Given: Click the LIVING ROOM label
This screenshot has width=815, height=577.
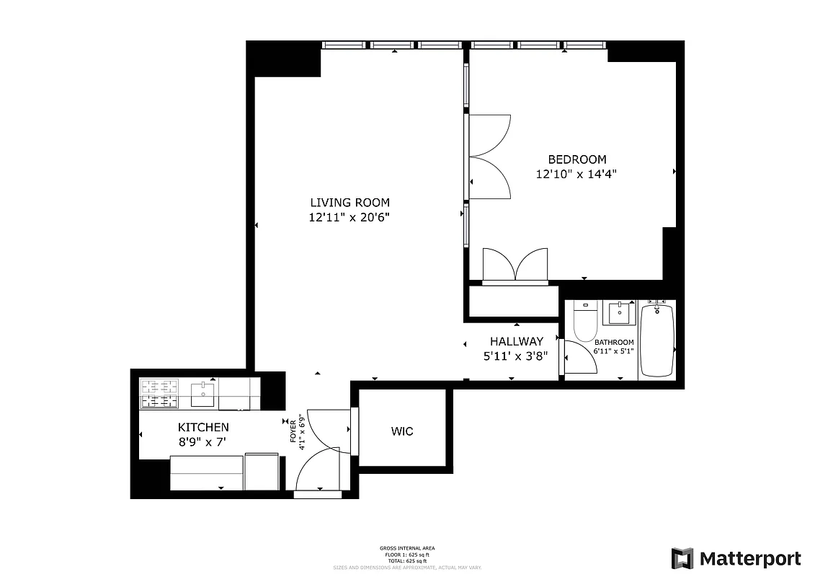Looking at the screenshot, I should (349, 203).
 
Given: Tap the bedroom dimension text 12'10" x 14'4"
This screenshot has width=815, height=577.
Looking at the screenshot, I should (576, 174).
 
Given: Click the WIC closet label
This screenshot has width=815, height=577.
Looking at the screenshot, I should (402, 431).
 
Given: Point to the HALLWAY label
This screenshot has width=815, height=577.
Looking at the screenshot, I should (516, 341).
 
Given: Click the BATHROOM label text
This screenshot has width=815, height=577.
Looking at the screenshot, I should (614, 343).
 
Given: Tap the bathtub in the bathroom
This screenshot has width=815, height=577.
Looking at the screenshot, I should (656, 340).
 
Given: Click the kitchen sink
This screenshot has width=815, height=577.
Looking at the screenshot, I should (203, 395).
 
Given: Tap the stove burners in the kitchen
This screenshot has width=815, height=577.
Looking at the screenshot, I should (159, 394).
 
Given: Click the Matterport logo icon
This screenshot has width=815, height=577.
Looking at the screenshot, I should (682, 559).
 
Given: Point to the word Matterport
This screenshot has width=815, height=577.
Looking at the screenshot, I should (750, 559).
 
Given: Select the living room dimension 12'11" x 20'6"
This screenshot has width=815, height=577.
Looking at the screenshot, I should (349, 217).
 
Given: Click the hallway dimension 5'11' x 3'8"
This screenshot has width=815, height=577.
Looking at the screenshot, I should (516, 355).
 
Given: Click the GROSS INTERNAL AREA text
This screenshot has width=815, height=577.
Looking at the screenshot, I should (407, 548).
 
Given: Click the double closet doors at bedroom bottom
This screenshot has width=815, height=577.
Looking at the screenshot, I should (515, 265).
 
